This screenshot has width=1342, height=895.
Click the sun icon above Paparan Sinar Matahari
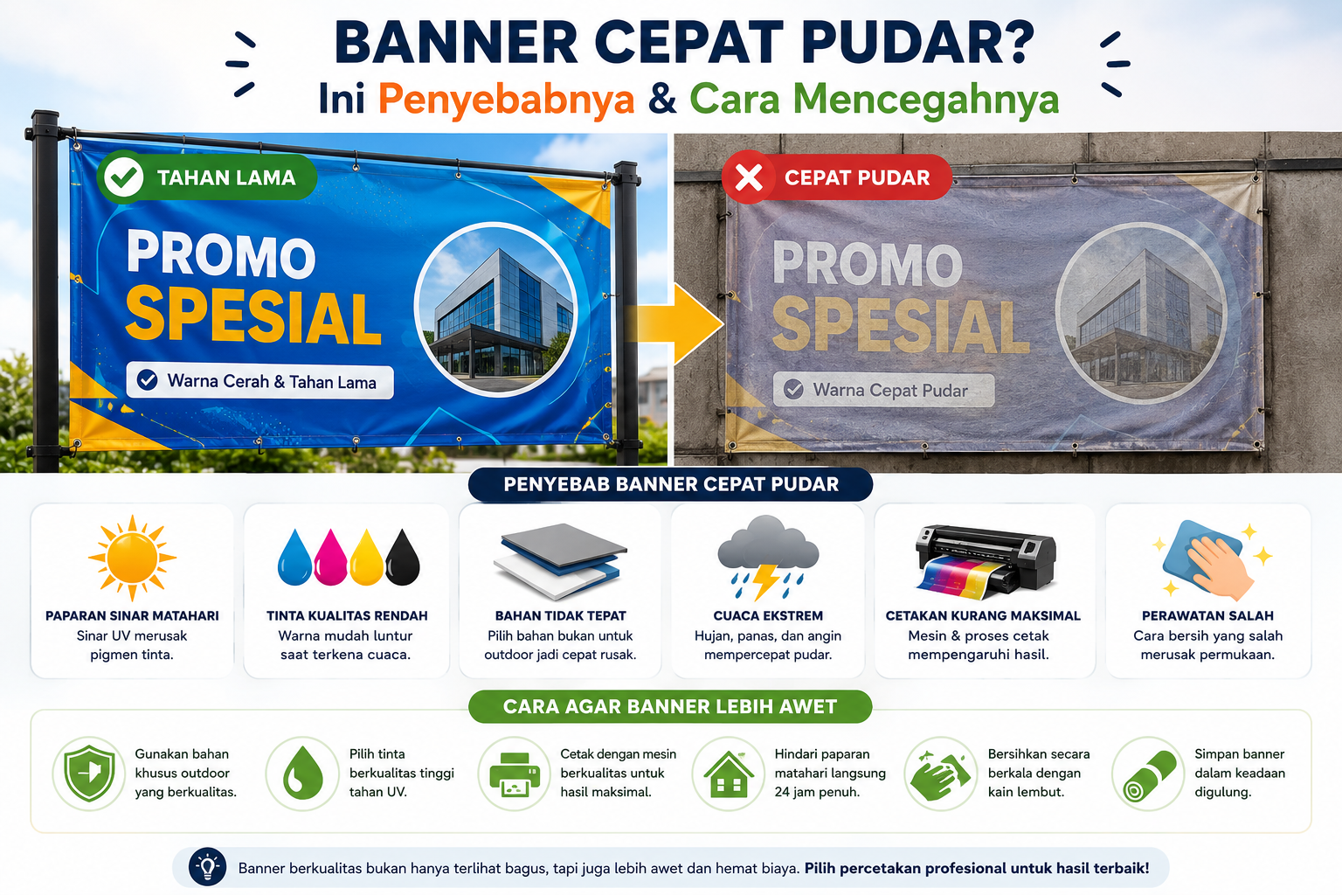click(133, 558)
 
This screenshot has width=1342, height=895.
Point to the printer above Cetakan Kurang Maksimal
click(986, 560)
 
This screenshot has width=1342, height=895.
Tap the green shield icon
click(89, 774)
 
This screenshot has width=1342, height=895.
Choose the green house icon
click(729, 774)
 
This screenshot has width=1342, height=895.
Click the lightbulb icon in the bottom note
click(207, 867)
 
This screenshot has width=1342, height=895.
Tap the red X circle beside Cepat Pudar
click(749, 177)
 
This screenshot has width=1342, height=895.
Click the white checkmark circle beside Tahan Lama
click(124, 177)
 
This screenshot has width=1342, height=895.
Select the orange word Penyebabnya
click(506, 100)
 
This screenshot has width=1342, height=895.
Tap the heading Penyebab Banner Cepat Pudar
click(670, 484)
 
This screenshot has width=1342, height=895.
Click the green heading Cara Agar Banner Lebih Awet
click(670, 707)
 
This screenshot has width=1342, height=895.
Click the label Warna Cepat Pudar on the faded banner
click(890, 390)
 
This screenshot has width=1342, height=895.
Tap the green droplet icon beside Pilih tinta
click(302, 774)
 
